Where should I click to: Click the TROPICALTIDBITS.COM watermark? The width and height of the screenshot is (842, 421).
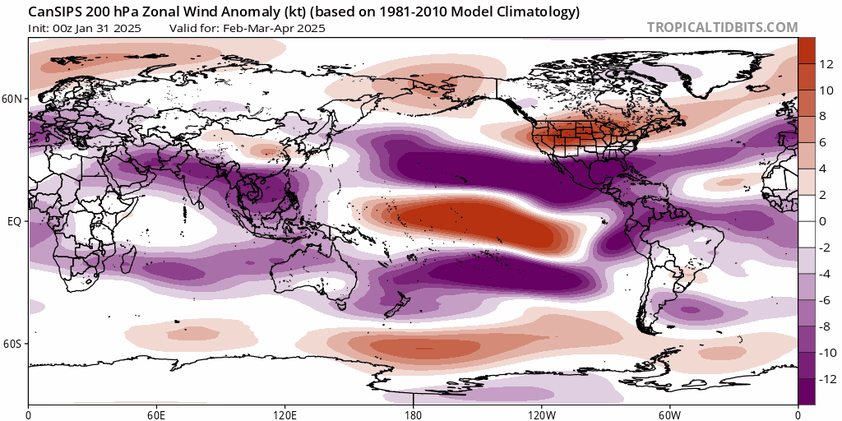point(722,27)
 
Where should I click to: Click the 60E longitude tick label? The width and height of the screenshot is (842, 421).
point(156,414)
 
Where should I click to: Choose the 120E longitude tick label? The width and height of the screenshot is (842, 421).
point(285,414)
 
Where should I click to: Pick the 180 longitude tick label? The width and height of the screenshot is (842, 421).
point(413,414)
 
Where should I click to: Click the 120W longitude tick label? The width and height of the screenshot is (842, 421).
point(541,414)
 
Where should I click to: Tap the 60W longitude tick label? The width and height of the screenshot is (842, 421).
point(669,414)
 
